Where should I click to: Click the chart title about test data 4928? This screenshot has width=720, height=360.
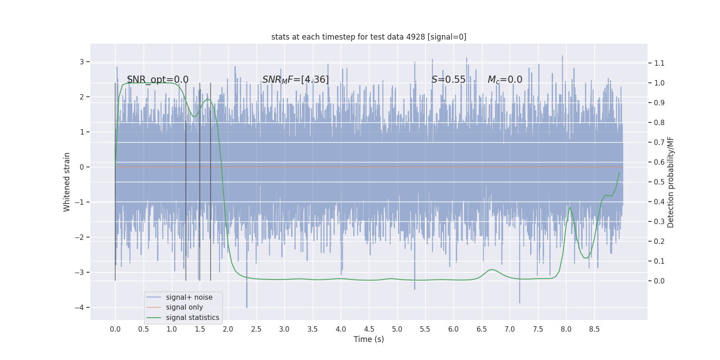[x=369, y=37]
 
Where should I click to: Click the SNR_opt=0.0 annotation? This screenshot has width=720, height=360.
[x=157, y=80]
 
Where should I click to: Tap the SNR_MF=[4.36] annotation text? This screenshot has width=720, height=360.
[x=295, y=80]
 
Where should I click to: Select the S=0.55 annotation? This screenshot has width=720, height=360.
[x=448, y=80]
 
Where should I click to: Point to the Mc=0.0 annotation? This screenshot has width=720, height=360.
[x=505, y=80]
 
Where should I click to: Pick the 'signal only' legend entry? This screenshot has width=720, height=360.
[x=184, y=307]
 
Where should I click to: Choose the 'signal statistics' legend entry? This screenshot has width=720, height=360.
[x=192, y=318]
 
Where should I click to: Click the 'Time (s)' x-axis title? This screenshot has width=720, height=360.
[x=369, y=339]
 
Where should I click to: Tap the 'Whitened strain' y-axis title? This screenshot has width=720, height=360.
[x=67, y=182]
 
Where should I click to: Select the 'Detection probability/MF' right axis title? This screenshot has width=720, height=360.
[x=670, y=182]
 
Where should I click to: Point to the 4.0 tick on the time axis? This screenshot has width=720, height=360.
[x=341, y=329]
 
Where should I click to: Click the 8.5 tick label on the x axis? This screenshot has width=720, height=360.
[x=594, y=329]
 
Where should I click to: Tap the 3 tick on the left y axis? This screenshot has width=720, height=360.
[x=82, y=62]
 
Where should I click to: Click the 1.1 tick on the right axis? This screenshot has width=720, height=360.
[x=659, y=63]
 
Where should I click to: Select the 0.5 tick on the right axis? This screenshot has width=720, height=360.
[x=659, y=182]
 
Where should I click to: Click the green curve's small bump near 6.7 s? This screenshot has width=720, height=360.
[x=492, y=270]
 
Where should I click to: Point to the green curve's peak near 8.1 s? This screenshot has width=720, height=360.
[x=570, y=207]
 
